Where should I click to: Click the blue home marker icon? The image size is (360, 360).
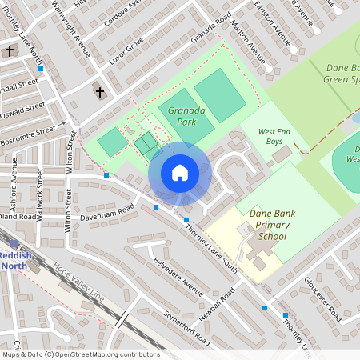click(180, 173)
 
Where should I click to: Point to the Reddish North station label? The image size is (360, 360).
click(16, 260)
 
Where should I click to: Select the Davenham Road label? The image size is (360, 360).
click(106, 214)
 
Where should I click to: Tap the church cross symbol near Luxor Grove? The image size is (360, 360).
click(100, 93)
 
